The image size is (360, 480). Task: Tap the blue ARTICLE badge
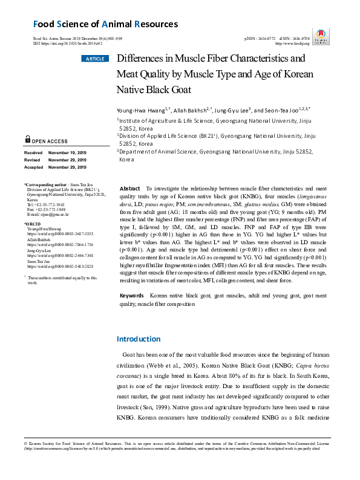tap(94, 59)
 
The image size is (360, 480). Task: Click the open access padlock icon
tap(28, 139)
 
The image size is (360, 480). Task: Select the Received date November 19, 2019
tap(68, 153)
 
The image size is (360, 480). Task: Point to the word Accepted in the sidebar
tap(33, 166)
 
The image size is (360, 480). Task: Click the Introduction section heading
tap(139, 339)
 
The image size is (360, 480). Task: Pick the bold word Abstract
tap(131, 189)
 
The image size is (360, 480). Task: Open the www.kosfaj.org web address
tap(292, 44)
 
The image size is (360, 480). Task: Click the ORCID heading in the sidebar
tap(32, 224)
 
